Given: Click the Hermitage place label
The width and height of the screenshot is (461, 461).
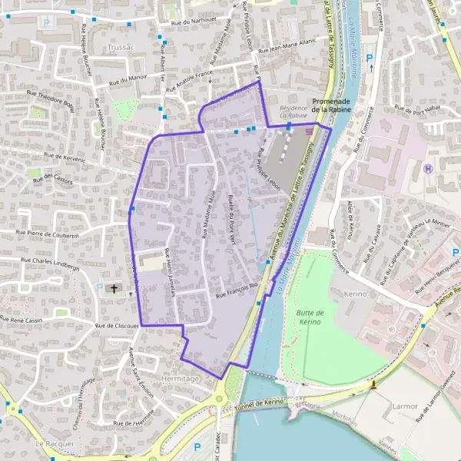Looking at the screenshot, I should (x=181, y=379).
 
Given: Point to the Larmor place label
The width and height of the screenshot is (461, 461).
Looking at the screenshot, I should (x=405, y=406).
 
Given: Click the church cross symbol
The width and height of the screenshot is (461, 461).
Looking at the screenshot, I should (x=114, y=289).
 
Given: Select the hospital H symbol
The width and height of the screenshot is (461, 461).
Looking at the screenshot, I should (x=428, y=168).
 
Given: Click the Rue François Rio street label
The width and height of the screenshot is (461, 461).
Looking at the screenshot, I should (x=238, y=290).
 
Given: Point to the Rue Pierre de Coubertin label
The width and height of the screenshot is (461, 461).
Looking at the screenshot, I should (x=48, y=234).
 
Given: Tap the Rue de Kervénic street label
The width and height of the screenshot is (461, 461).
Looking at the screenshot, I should (x=64, y=157).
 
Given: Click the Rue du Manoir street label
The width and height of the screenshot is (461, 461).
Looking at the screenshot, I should (x=128, y=79).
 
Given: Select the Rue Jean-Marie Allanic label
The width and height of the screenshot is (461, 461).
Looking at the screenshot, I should (x=286, y=48).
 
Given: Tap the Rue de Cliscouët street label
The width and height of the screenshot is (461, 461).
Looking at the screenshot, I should (x=116, y=326).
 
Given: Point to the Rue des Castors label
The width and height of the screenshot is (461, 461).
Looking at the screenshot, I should (x=48, y=177).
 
